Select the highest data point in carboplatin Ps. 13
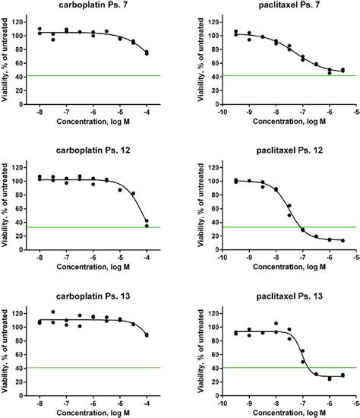[x=53, y=312]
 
